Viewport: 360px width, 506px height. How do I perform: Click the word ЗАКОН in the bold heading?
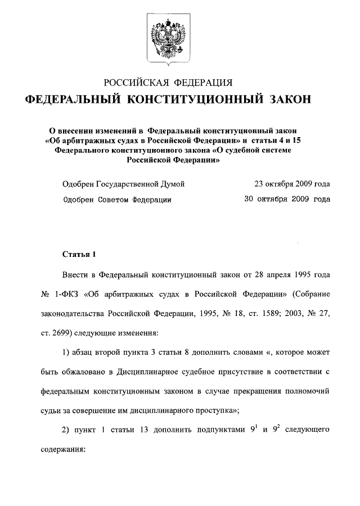point(286,100)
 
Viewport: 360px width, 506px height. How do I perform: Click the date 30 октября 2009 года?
point(287,199)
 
